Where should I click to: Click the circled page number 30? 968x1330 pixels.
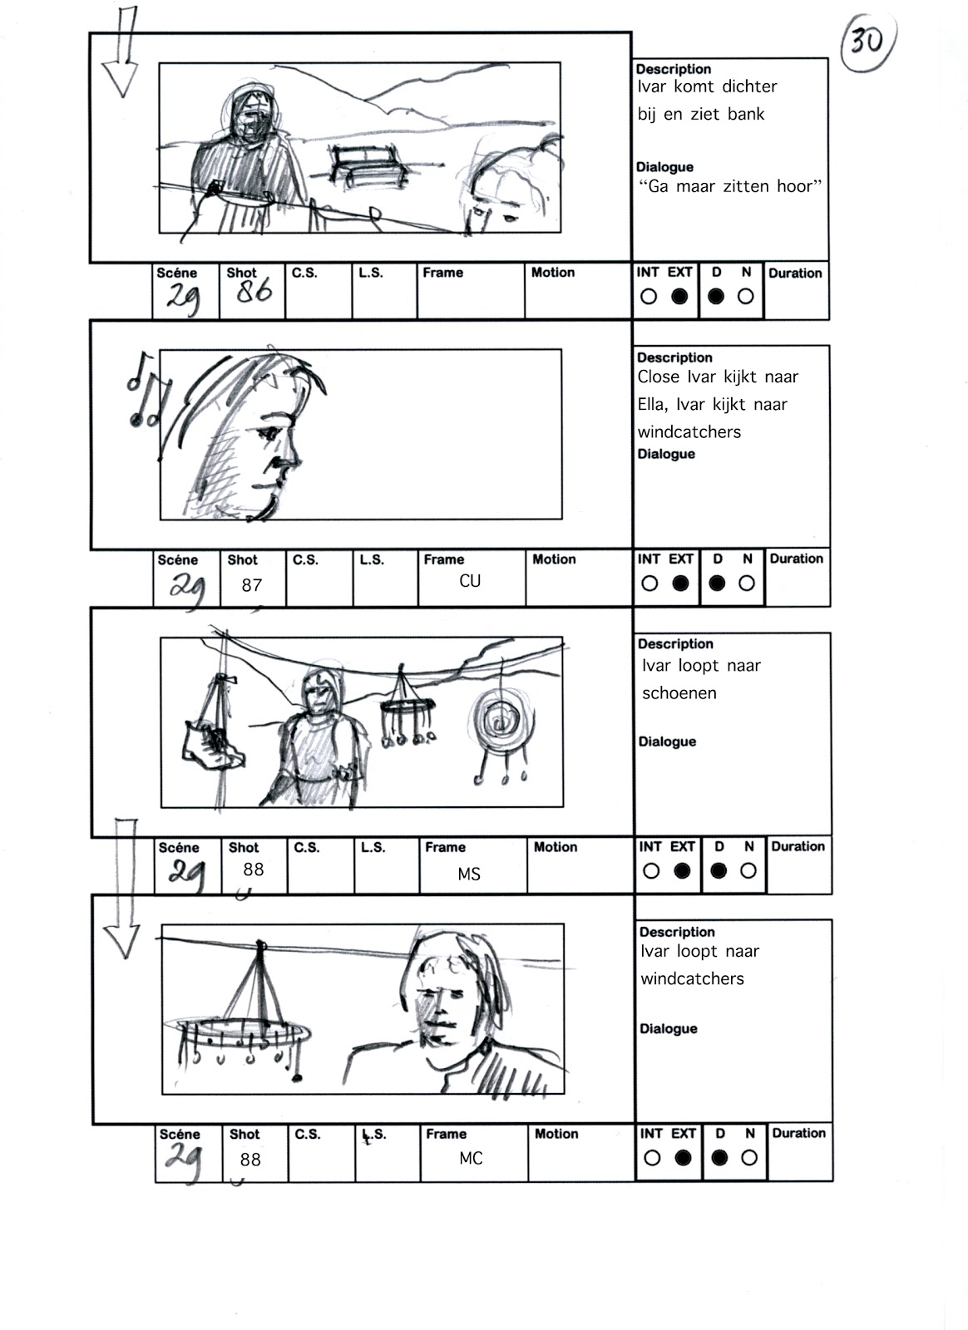coord(867,40)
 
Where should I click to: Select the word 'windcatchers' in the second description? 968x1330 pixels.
coord(689,431)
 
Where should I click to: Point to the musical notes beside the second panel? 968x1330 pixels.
coord(146,391)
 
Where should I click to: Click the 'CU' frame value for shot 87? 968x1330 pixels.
coord(470,581)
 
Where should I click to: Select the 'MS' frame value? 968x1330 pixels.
coord(469,874)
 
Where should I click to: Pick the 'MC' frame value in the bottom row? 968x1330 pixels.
coord(471,1158)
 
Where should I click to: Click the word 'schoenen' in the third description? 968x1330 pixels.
coord(679,693)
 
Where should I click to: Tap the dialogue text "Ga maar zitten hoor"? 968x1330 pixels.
coord(730,186)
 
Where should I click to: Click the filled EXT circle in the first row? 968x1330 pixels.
coord(679,296)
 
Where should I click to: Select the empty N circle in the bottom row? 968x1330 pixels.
coord(749,1157)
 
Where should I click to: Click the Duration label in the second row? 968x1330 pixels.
coord(796,559)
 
